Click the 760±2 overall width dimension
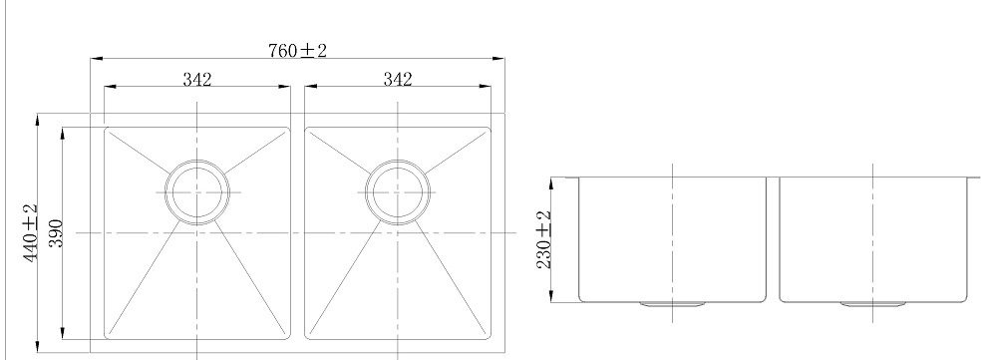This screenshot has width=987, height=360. [298, 50]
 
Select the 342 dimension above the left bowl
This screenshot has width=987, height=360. [197, 80]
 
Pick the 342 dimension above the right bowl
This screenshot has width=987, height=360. [397, 80]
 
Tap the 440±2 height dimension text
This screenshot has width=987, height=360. [31, 233]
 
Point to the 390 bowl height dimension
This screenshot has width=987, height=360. [55, 233]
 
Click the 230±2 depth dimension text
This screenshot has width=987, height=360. [544, 239]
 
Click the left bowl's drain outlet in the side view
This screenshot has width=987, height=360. [673, 304]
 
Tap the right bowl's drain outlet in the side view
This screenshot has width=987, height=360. [873, 304]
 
